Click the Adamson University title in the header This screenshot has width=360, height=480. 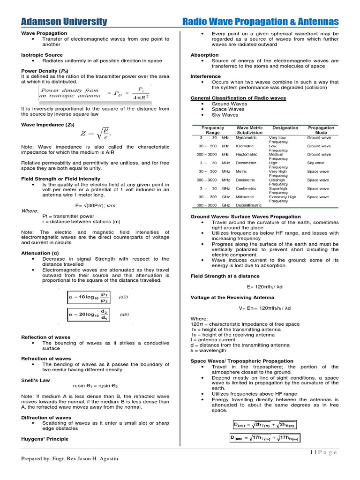pos(64,22)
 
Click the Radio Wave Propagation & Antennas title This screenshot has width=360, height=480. pos(260,22)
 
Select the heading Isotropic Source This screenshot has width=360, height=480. pos(42,55)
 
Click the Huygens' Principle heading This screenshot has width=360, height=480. pos(45,439)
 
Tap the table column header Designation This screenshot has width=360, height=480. pos(285,127)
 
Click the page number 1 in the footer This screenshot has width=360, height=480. pos(311,452)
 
